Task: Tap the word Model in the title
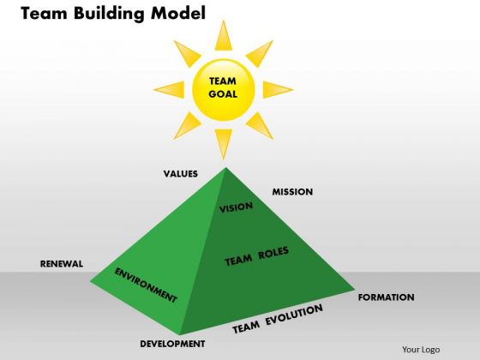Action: tap(178, 13)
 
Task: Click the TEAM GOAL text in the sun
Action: tap(223, 87)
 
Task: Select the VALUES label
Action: tap(181, 174)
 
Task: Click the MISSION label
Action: tap(292, 192)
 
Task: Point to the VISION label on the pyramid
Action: tap(236, 207)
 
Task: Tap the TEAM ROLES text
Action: tap(257, 256)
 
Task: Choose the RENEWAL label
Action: tap(62, 264)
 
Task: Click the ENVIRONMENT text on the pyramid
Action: tap(146, 285)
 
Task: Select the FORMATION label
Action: tap(387, 297)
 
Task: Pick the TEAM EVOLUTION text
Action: tap(278, 319)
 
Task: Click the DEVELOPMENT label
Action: tap(172, 344)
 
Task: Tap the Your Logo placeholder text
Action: tap(421, 350)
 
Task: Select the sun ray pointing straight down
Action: tap(224, 142)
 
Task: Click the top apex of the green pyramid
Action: tap(225, 168)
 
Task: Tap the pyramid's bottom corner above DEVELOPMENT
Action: tap(180, 334)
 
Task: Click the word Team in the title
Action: tap(44, 13)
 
